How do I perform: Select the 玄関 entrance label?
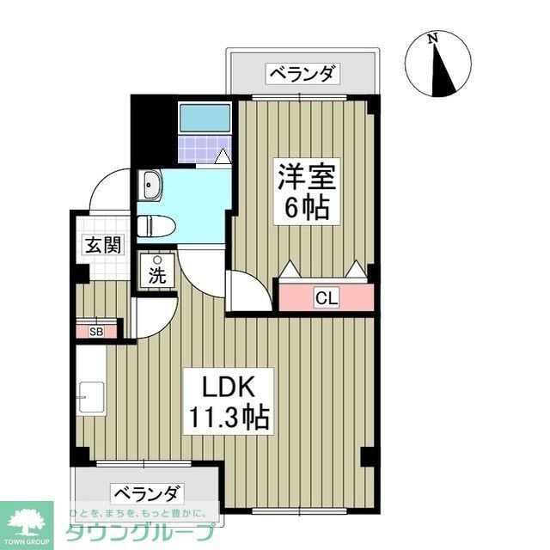click(102, 245)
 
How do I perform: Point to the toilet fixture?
click(157, 225)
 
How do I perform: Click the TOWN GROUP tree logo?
click(26, 522)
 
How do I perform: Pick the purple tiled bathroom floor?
click(204, 150)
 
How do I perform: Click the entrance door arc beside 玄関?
click(110, 189)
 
